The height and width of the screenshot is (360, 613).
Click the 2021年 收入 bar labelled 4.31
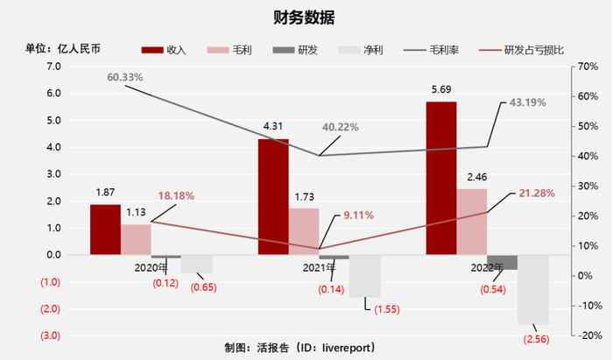click(x=273, y=196)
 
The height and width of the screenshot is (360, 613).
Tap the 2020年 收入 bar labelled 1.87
click(x=105, y=229)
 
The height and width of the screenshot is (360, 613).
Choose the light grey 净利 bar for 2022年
click(x=532, y=289)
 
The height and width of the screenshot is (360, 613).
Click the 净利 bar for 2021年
click(x=365, y=276)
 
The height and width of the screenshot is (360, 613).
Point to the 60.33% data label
click(x=124, y=78)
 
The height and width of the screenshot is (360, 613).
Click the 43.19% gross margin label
click(x=528, y=102)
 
